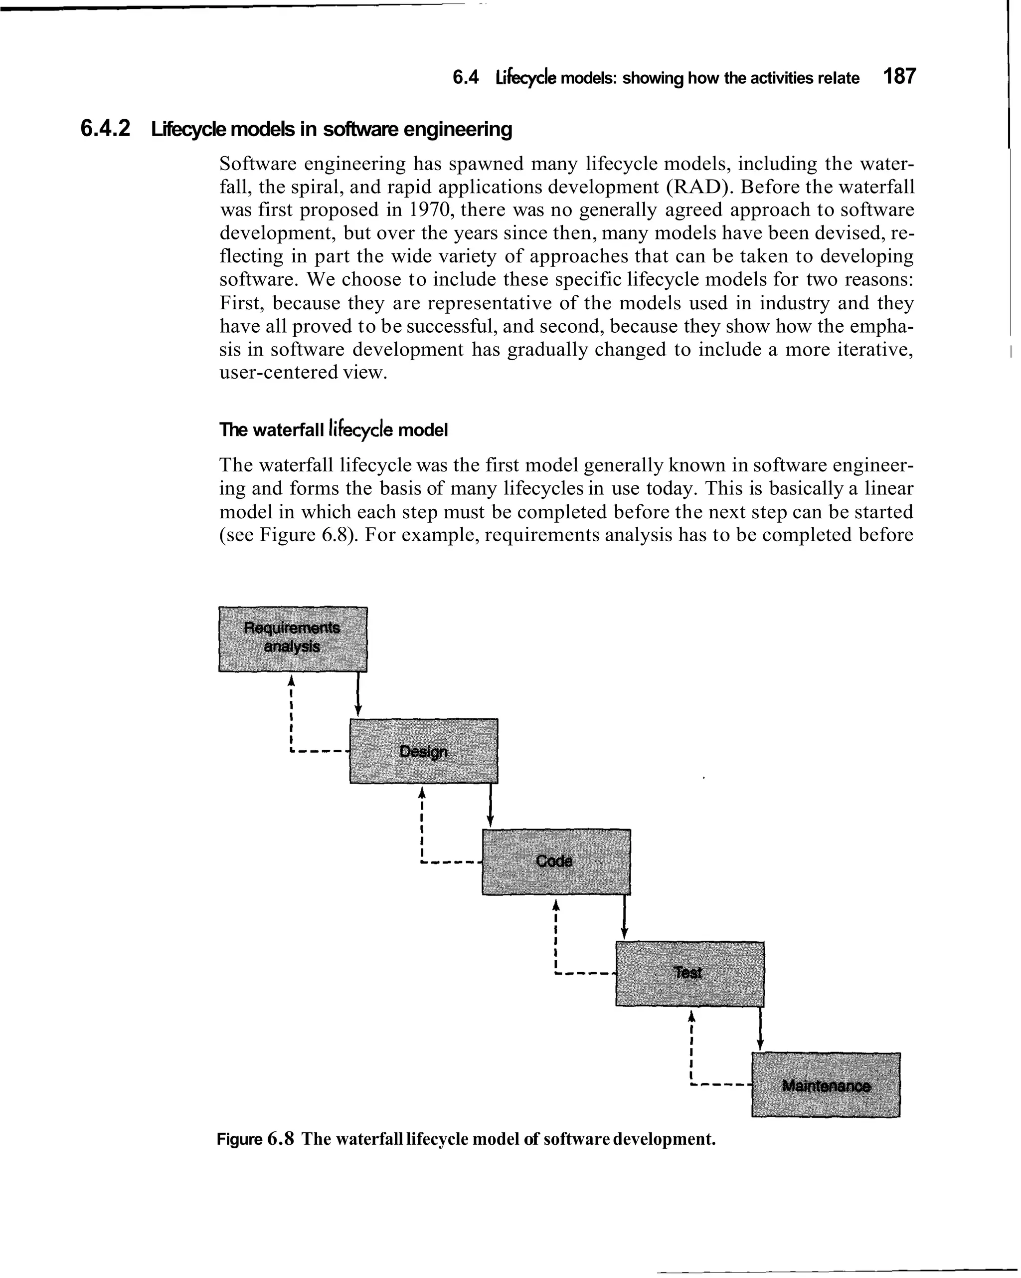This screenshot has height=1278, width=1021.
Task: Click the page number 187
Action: [899, 77]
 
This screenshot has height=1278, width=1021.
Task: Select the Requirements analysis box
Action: [293, 639]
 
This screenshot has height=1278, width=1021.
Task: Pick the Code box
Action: [556, 861]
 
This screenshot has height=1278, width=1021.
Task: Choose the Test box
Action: [690, 973]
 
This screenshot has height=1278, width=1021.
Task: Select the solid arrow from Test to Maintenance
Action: [760, 1029]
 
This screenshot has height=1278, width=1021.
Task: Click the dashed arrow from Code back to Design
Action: [421, 830]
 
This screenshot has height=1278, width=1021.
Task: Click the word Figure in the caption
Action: [239, 1139]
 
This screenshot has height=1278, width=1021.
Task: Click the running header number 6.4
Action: [465, 78]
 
